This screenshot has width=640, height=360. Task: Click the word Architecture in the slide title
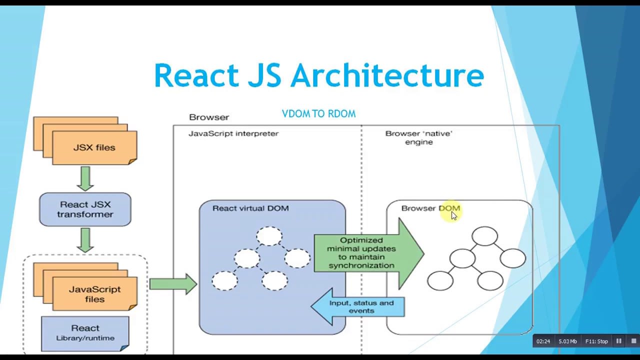click(387, 76)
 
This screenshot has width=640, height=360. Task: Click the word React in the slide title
click(196, 76)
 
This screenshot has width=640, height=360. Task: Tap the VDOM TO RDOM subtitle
click(318, 114)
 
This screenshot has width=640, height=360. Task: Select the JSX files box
click(94, 147)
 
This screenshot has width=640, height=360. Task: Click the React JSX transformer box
click(85, 209)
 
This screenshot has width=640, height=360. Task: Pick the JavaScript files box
click(94, 294)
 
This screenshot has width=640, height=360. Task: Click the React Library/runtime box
click(85, 332)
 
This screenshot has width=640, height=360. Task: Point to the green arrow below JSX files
click(85, 178)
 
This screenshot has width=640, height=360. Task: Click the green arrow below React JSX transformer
click(85, 240)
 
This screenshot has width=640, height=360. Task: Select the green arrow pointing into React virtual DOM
click(173, 284)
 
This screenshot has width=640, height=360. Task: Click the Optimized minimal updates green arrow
click(367, 253)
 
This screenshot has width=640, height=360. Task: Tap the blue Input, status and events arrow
click(358, 306)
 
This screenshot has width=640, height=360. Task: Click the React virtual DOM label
click(250, 208)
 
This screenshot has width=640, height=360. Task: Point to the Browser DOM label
click(430, 208)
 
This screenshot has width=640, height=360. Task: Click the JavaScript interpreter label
click(233, 133)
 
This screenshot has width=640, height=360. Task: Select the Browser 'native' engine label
click(418, 137)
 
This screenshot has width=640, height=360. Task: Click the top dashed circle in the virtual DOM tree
click(269, 236)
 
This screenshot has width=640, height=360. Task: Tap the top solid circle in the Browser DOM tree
click(484, 236)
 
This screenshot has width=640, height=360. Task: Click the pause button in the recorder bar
click(618, 341)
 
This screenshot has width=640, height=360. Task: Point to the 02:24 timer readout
click(543, 341)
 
